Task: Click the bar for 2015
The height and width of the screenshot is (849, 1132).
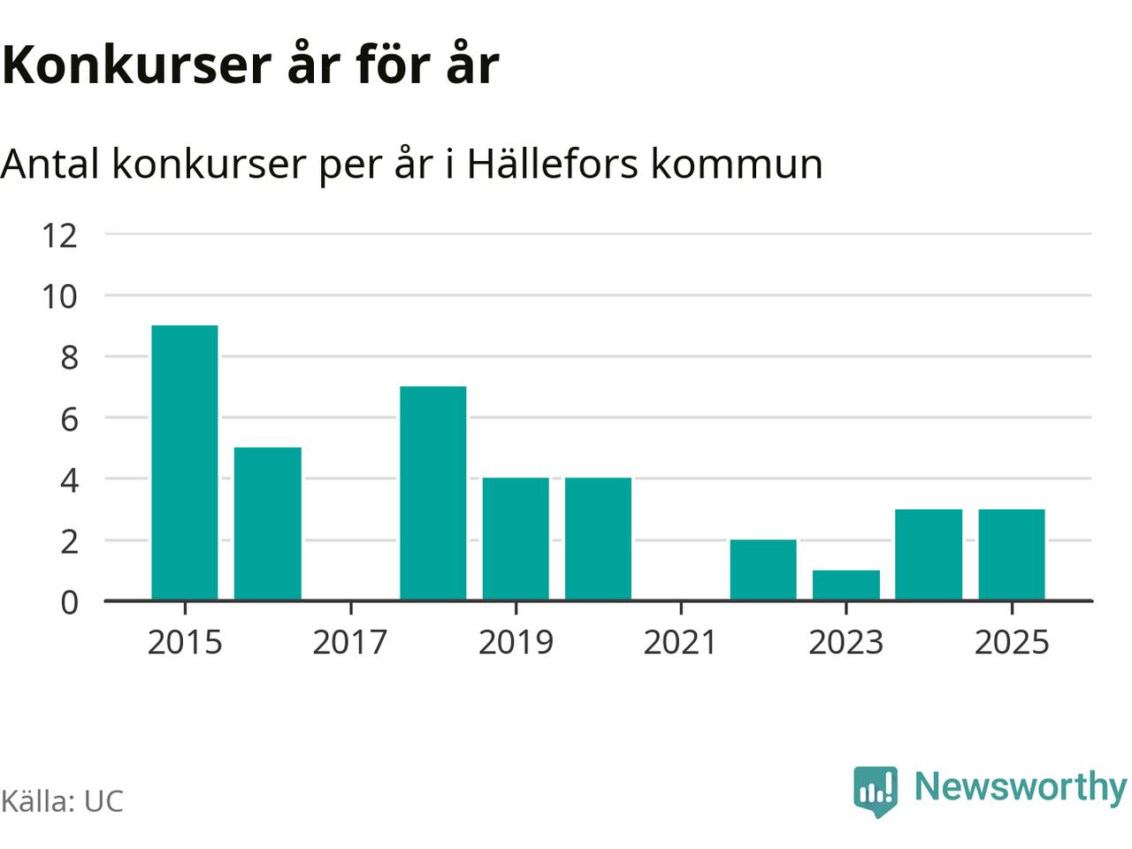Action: [x=185, y=463]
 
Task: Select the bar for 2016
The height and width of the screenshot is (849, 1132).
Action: [x=267, y=524]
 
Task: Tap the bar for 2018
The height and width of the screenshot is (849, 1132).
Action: [x=432, y=493]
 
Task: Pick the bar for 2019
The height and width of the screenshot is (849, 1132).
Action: [x=516, y=539]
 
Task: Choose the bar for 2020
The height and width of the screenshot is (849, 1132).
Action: [x=598, y=539]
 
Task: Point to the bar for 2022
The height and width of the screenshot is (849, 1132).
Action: [x=763, y=570]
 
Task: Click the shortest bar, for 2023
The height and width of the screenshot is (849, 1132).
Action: [x=846, y=585]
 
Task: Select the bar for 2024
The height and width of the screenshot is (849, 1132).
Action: [x=929, y=555]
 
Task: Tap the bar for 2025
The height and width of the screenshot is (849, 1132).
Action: [x=1012, y=555]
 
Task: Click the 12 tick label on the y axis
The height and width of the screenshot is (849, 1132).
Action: [x=60, y=235]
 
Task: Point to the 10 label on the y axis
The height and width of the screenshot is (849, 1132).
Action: [x=60, y=296]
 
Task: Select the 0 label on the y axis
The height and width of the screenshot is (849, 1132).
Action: [x=70, y=602]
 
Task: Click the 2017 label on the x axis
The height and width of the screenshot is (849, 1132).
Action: [x=350, y=642]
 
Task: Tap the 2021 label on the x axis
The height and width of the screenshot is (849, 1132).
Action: [x=680, y=642]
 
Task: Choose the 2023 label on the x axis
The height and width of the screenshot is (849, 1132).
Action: [x=846, y=642]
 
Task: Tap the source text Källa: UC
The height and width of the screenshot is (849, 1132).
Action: [x=62, y=801]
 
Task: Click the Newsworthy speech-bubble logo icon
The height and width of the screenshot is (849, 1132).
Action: [x=876, y=790]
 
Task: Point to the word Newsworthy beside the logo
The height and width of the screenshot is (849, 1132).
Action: [x=1020, y=786]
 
